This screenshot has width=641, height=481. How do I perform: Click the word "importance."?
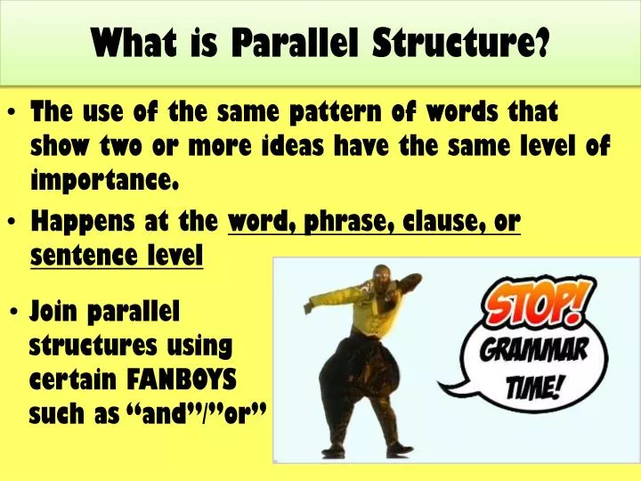click(105, 181)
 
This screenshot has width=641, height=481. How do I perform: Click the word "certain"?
click(74, 379)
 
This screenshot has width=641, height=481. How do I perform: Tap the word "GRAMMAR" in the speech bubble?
click(534, 350)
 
